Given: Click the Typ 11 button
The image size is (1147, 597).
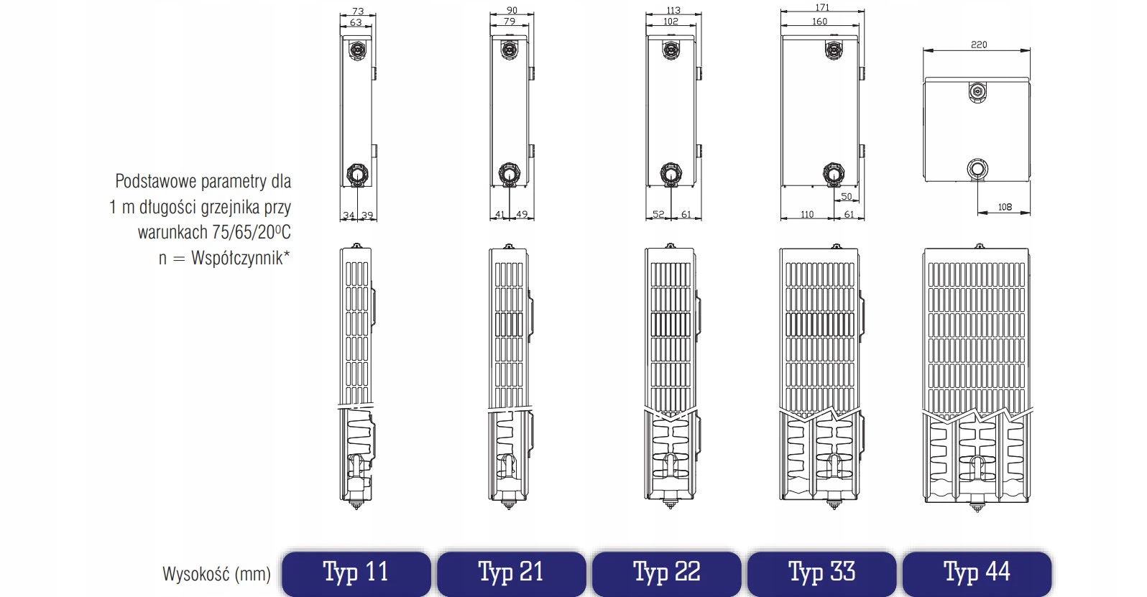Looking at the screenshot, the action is tap(356, 573).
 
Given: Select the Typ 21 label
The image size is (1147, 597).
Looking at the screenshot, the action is tap(511, 573).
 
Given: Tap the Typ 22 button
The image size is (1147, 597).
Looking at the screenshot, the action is tap(666, 573).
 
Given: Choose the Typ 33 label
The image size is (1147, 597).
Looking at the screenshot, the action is tap(821, 573).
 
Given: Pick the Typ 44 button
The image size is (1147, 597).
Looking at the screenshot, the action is tap(977, 573).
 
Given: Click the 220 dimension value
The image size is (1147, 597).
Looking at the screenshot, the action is tap(979, 45).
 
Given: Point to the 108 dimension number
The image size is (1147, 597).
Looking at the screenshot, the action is tap(1005, 207).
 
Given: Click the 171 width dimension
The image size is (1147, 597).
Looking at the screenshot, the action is tap(822, 7).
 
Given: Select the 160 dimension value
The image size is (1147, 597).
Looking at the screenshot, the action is tap(819, 22).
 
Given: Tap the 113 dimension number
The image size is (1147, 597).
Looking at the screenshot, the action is tap(673, 10).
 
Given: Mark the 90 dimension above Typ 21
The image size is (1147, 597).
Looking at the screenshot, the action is tap(512, 10).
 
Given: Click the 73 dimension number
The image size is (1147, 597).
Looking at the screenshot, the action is tap(358, 11).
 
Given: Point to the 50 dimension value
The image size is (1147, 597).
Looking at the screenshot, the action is tap(847, 196).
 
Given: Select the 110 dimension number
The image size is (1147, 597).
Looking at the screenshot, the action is tap(807, 215).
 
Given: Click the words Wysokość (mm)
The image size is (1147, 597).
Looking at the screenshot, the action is tap(216, 574).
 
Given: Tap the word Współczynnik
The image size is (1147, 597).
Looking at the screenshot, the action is tap(237, 257).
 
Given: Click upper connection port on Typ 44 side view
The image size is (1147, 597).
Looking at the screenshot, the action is tap(977, 92).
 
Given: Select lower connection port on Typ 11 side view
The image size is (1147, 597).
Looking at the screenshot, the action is tap(357, 174).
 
